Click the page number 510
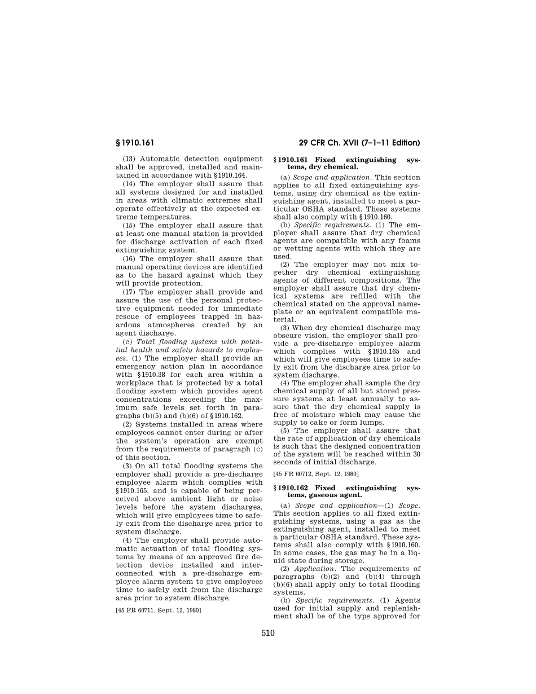268,633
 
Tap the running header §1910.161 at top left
135,143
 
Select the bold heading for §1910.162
346,491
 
